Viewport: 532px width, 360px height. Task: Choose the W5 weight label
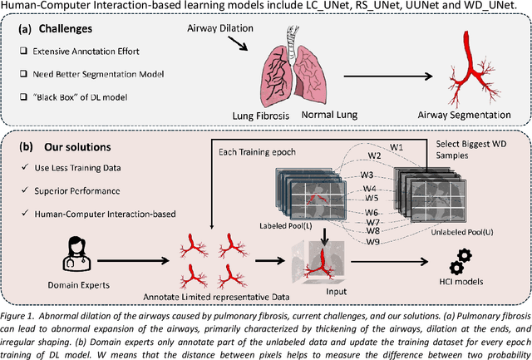[371, 198]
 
